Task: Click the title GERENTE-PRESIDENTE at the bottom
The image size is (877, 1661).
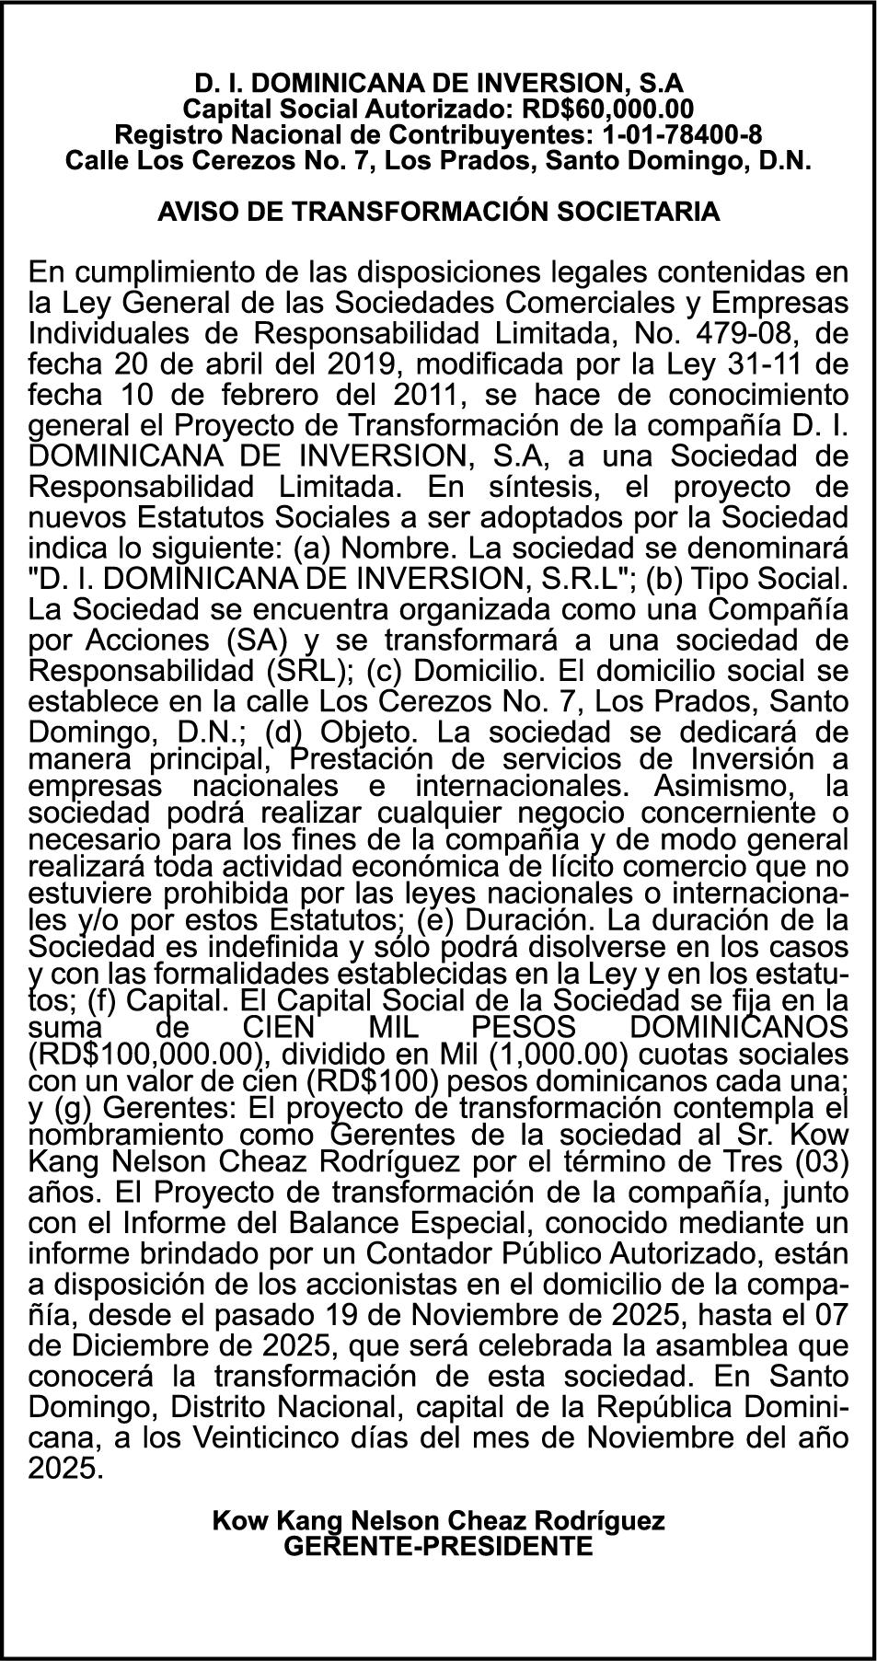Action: click(x=438, y=1546)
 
